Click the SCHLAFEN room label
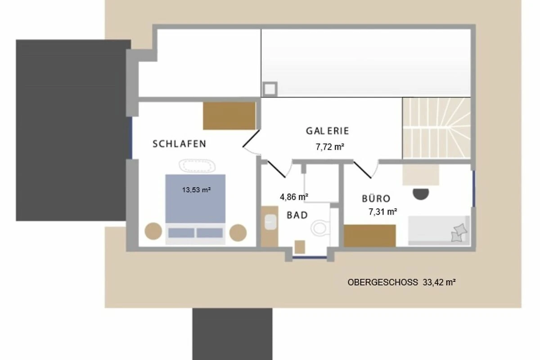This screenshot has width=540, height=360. click(x=180, y=144)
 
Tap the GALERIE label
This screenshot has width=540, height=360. click(x=328, y=131)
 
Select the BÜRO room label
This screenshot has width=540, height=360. click(x=376, y=198)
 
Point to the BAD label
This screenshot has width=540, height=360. click(x=297, y=215)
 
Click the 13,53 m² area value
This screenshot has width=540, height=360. click(x=197, y=190)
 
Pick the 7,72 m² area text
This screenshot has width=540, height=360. click(x=330, y=147)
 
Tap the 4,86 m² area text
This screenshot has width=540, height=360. click(x=294, y=197)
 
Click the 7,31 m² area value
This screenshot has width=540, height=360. click(x=383, y=211)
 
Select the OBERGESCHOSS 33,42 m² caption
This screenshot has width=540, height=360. click(x=401, y=282)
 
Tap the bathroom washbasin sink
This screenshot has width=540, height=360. click(x=270, y=222)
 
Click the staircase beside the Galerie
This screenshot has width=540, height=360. click(x=436, y=128)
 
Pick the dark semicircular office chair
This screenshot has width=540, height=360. click(x=421, y=194)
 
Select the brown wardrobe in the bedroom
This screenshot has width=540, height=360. click(x=229, y=116)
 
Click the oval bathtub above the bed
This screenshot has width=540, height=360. click(x=197, y=166)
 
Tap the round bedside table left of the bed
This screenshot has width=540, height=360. click(x=153, y=231)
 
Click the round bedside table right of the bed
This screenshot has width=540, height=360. click(x=238, y=233)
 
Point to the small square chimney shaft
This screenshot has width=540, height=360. click(x=270, y=89)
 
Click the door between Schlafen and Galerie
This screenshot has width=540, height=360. click(x=251, y=139)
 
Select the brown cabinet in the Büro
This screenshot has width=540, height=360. click(x=370, y=236)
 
